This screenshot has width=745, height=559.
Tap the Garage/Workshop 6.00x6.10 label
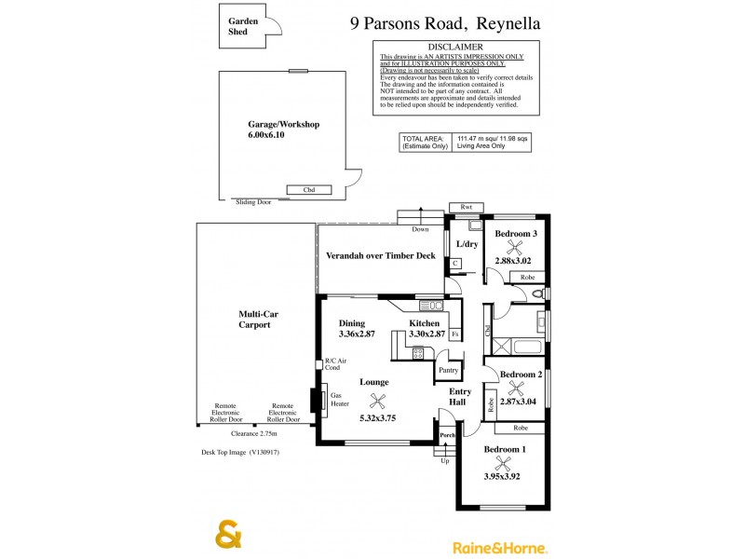point(283,130)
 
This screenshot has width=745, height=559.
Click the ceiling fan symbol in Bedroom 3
point(514,248)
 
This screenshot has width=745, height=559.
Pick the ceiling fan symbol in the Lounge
point(377,401)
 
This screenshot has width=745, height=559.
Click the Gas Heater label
point(341,399)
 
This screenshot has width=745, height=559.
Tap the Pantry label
point(448,370)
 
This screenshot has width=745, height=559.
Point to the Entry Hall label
point(461,398)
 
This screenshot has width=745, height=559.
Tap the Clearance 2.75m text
point(256,433)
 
